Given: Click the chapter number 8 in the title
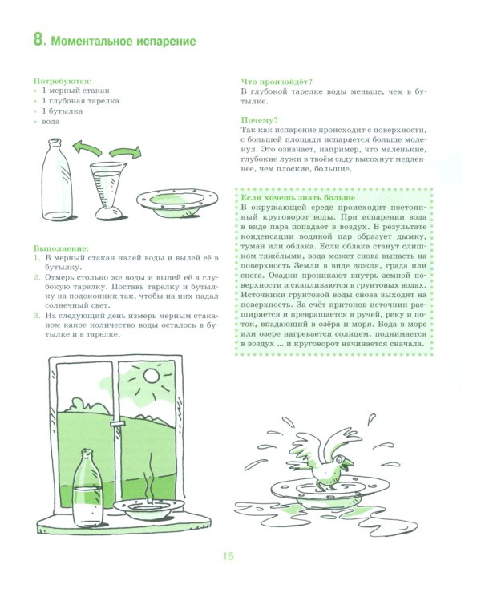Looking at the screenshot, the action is pos(38,39).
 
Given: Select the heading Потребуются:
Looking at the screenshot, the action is pos(63,81).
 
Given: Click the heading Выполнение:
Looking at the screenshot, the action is pos(62,248).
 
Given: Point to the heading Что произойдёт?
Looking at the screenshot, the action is pos(277,82).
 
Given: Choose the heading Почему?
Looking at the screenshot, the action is pos(259,120).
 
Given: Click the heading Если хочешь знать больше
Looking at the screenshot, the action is pos(298,198).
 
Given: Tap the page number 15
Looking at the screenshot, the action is pos(228,556).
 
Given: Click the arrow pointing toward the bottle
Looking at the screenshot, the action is pos(87,147).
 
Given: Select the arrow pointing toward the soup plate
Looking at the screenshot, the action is pos(125,152).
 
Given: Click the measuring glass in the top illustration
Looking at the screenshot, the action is pos(106,191).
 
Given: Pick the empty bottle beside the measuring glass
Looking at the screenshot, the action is pos(57,179).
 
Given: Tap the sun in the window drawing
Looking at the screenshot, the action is pos(151,376).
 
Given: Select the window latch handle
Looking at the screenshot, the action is pos(118,423).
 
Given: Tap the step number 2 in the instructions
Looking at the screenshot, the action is pos(37,277).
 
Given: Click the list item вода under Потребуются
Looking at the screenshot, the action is pos(51,122).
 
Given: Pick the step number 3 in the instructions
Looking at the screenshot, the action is pos(37,316).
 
